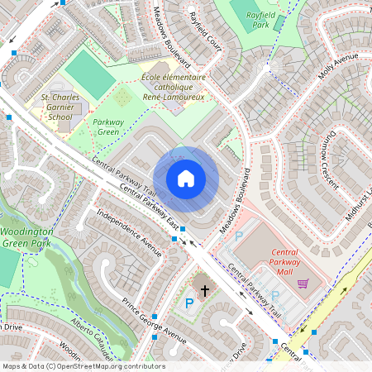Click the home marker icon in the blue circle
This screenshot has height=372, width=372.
click(186, 179)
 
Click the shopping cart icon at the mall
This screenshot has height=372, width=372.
click(303, 283)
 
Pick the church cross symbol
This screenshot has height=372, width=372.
click(204, 290)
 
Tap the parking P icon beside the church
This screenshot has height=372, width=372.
click(188, 303)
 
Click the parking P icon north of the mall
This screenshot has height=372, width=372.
click(240, 236)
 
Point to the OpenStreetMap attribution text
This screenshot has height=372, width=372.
click(83, 366)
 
